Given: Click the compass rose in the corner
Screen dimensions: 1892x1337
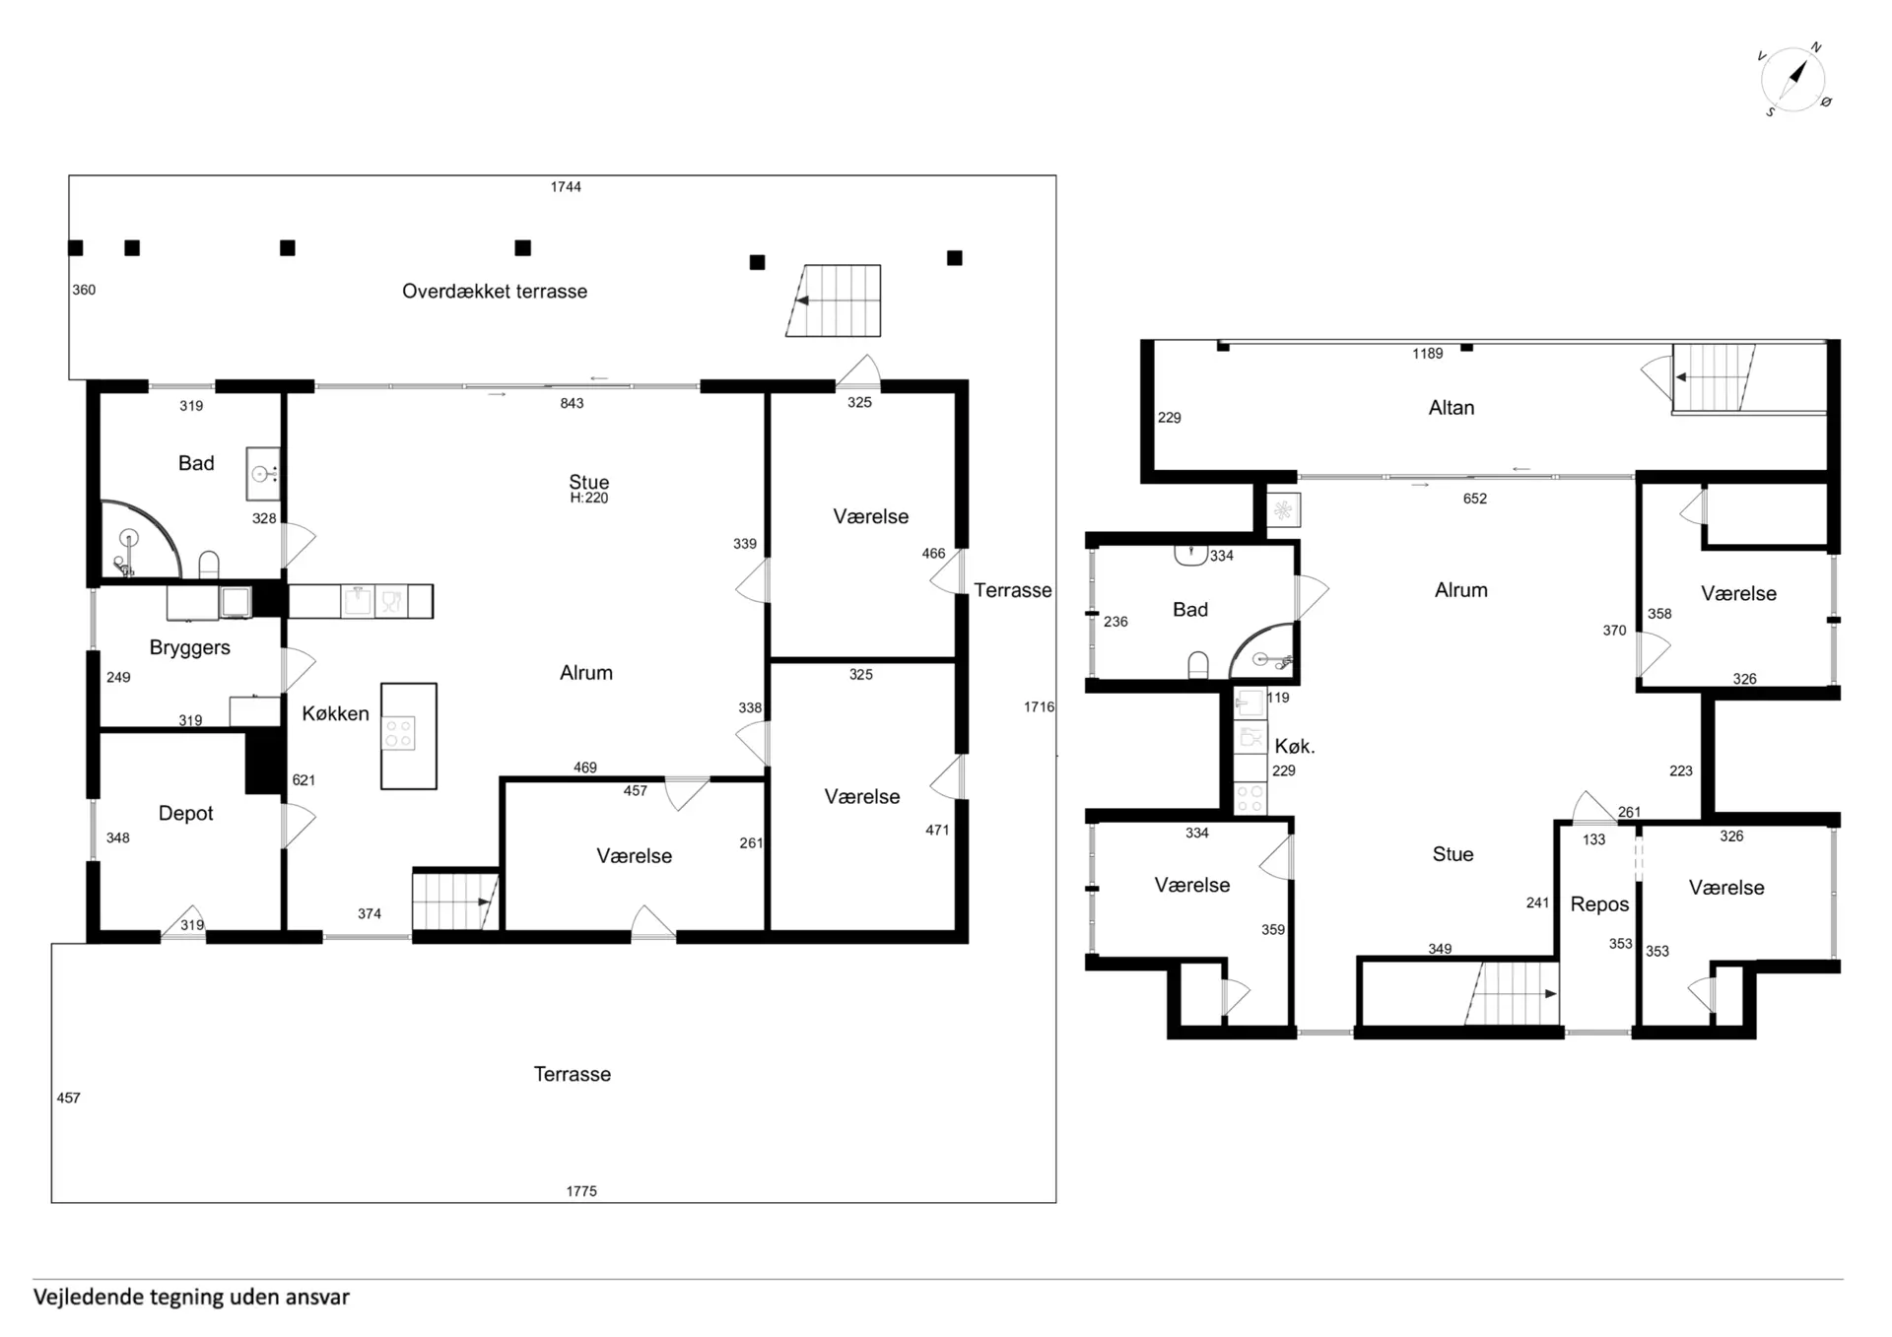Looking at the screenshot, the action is click(x=1793, y=79).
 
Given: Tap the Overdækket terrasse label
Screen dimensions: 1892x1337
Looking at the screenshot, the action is click(x=495, y=291).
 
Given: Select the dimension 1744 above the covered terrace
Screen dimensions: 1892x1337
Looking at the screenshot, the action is click(x=566, y=186).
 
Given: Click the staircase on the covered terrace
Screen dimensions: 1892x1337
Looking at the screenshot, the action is click(x=834, y=301).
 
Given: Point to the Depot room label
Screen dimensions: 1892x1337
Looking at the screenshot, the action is click(x=185, y=813).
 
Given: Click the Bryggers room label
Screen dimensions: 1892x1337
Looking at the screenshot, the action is click(x=189, y=647).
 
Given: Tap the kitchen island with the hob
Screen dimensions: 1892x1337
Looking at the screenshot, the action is click(x=409, y=736).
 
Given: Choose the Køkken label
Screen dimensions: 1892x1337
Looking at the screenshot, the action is click(x=335, y=713).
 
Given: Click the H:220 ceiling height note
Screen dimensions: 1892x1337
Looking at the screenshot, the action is click(x=589, y=499).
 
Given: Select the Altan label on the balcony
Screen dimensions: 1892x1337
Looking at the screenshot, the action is click(x=1452, y=408).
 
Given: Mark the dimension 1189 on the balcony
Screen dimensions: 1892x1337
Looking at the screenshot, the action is click(x=1427, y=354).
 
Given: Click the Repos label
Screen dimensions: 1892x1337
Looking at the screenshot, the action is click(x=1599, y=904).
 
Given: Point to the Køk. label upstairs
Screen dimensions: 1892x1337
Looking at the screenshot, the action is click(x=1294, y=746).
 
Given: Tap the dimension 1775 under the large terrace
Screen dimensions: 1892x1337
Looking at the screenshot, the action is click(x=581, y=1191).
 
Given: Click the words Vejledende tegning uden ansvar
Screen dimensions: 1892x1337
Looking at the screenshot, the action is click(x=191, y=1297).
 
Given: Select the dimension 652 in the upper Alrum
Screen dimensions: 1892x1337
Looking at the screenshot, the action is click(x=1474, y=499).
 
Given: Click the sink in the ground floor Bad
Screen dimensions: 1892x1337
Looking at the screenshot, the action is click(x=262, y=474).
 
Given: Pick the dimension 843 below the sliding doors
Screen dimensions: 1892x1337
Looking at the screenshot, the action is click(x=572, y=403).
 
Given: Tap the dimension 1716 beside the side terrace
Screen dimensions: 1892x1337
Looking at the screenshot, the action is click(x=1039, y=706).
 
